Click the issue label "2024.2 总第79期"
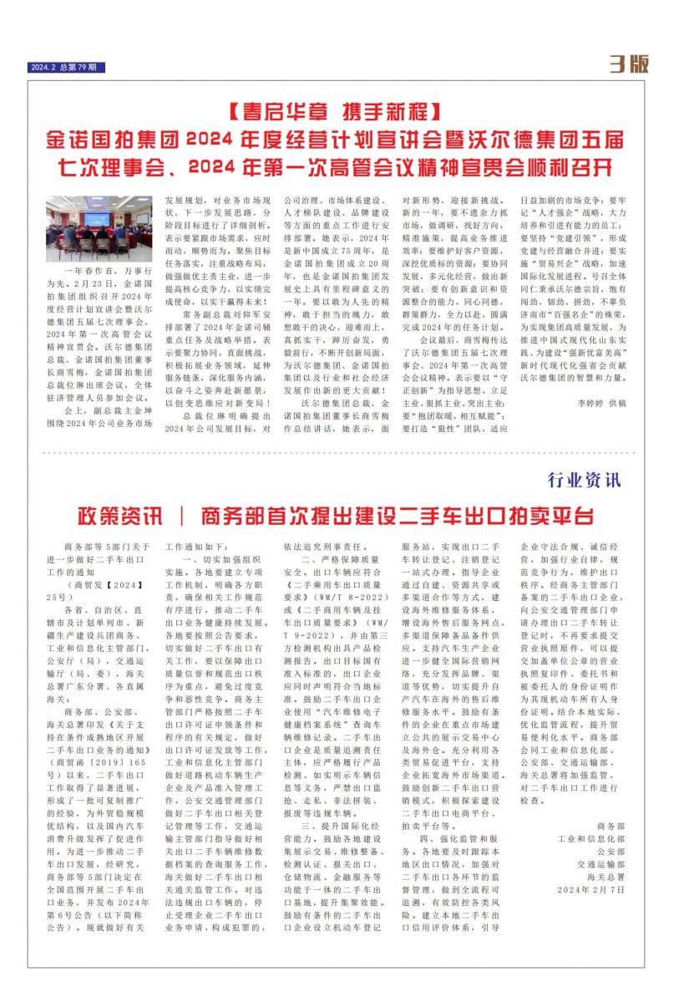click(x=68, y=68)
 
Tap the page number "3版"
click(x=629, y=64)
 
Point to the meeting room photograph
click(x=99, y=228)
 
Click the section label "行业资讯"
click(x=585, y=480)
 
